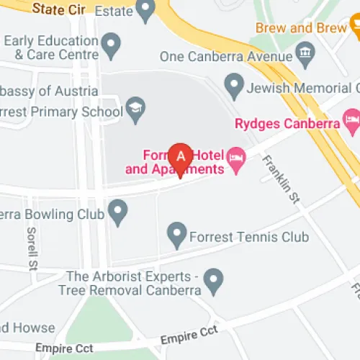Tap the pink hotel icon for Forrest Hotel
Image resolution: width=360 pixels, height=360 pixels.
pyautogui.click(x=236, y=156)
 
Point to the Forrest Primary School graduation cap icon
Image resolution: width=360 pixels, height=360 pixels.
pyautogui.click(x=135, y=110)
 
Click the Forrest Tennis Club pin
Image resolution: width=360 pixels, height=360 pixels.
pyautogui.click(x=176, y=233)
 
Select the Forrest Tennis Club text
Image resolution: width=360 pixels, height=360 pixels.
pyautogui.click(x=248, y=236)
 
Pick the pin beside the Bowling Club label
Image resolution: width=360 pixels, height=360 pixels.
pyautogui.click(x=117, y=211)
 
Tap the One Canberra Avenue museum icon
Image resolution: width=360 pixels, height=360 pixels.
pyautogui.click(x=305, y=53)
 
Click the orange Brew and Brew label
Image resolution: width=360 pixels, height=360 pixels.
pyautogui.click(x=301, y=28)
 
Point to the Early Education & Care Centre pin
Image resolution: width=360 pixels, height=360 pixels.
pyautogui.click(x=110, y=46)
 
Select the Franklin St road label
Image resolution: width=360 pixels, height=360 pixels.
pyautogui.click(x=281, y=179)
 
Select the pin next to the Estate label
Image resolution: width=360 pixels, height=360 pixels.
pyautogui.click(x=146, y=10)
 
